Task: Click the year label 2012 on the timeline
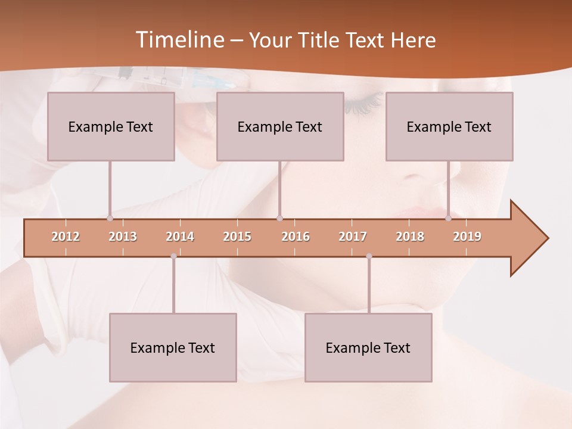[66, 237]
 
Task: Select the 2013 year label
[123, 237]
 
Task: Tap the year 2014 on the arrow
[180, 237]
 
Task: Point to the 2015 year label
[237, 237]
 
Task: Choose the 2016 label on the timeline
[296, 237]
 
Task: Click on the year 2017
[353, 237]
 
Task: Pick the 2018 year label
[410, 237]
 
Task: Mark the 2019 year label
[467, 237]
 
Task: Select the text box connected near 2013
[111, 126]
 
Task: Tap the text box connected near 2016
[280, 126]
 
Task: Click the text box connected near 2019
[449, 126]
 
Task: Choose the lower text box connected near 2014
[173, 347]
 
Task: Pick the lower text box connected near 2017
[368, 347]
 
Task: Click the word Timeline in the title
[178, 40]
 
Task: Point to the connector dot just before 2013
[110, 218]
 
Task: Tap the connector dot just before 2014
[173, 256]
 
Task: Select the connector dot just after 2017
[369, 256]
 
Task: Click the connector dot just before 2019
[448, 218]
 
